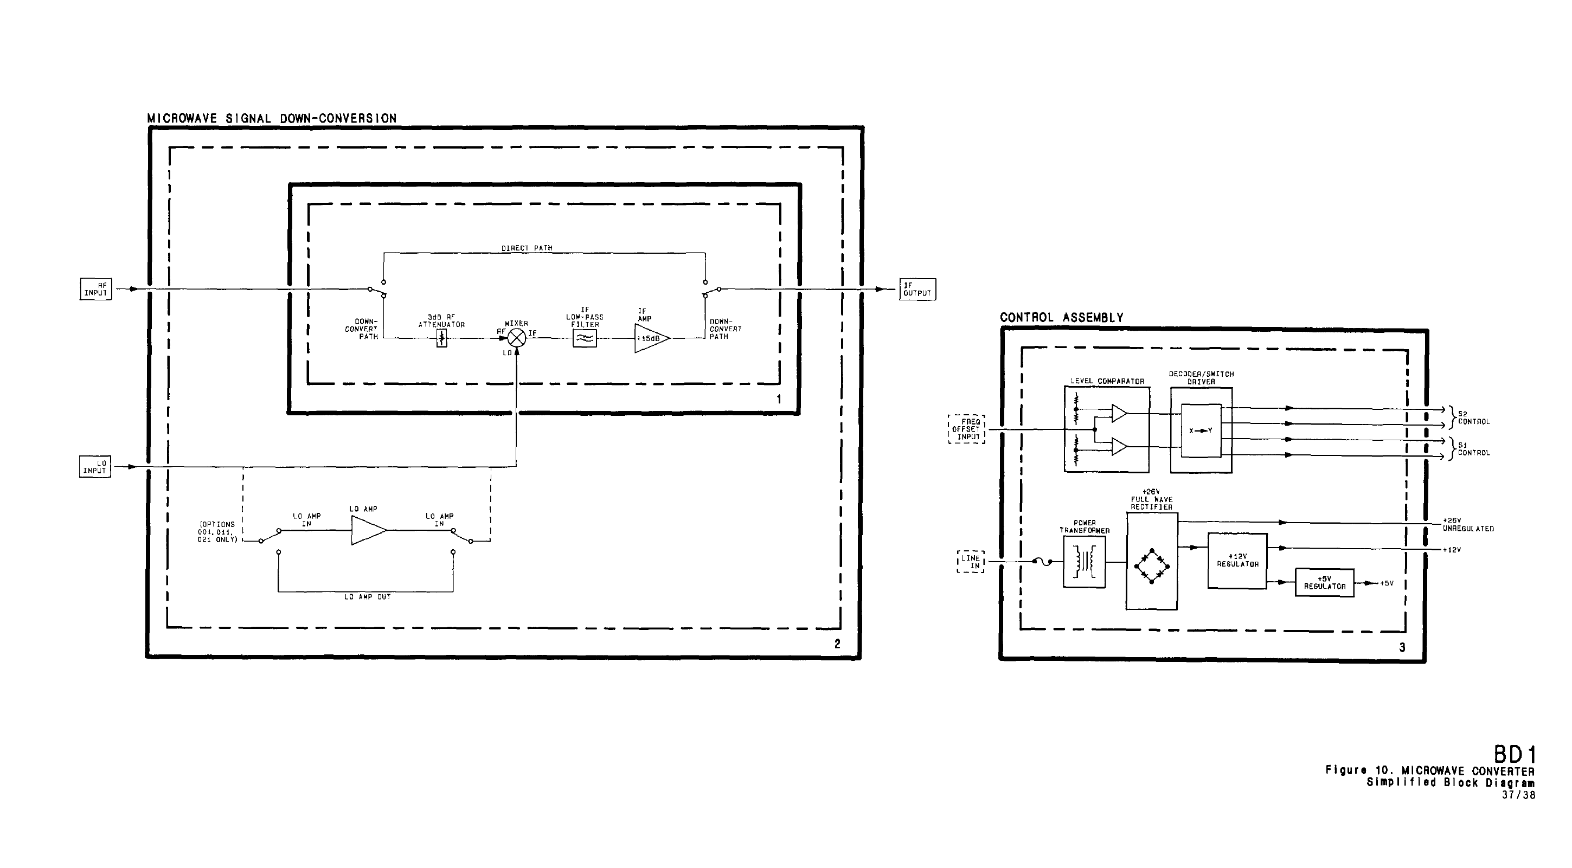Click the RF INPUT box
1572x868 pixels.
click(96, 289)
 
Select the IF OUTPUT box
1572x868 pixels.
click(917, 289)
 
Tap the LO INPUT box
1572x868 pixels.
click(95, 467)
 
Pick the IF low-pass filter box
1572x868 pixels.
click(585, 338)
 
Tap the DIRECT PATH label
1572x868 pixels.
click(527, 248)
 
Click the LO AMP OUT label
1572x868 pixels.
click(367, 597)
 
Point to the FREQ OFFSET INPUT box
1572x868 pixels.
click(967, 429)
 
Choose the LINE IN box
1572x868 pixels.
click(970, 562)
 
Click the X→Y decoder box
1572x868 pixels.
click(1201, 430)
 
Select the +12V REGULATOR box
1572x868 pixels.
click(1237, 561)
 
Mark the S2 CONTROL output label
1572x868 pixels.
click(1473, 418)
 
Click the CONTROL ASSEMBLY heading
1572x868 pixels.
click(1061, 318)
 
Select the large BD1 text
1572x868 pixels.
click(1515, 755)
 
